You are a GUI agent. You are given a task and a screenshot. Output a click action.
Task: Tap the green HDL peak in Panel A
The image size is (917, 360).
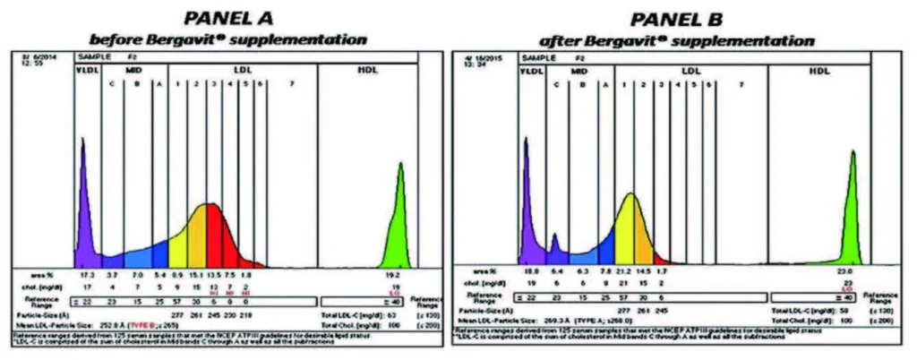pos(398,224)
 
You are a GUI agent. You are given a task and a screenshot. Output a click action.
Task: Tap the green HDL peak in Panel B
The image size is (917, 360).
pos(853,215)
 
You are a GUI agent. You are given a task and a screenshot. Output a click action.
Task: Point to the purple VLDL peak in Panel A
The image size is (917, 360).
pos(83,215)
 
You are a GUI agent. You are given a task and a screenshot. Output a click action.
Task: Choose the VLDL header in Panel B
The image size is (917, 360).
pos(531,69)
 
